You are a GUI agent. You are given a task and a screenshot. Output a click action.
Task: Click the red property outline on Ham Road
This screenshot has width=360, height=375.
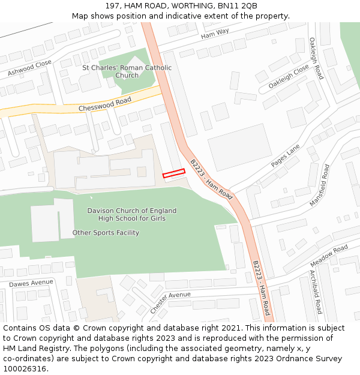tap(174, 173)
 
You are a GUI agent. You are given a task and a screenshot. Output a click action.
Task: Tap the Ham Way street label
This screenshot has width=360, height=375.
tap(215, 35)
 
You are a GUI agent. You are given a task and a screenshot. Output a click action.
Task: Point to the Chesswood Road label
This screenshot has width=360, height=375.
tap(105, 104)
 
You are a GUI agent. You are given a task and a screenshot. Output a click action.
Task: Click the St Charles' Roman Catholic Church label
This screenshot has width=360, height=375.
tap(127, 71)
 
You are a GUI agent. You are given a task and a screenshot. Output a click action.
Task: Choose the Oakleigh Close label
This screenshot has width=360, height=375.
tap(289, 76)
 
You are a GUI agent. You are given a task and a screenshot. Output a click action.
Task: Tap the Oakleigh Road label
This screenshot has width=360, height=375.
tap(316, 58)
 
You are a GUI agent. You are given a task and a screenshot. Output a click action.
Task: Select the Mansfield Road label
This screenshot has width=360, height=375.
tap(320, 185)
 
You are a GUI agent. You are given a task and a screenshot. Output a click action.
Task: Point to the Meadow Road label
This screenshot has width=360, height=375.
tap(329, 256)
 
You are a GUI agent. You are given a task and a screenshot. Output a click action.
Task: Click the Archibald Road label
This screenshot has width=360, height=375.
tap(316, 292)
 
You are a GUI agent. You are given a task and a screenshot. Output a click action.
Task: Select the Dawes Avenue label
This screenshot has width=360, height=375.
tap(31, 283)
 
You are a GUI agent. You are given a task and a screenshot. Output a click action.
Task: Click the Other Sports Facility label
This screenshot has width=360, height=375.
tap(106, 232)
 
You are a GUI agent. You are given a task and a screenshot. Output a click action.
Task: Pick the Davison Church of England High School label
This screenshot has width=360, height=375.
tap(132, 214)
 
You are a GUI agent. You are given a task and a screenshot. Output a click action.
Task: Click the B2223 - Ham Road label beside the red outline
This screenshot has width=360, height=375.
tap(211, 179)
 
